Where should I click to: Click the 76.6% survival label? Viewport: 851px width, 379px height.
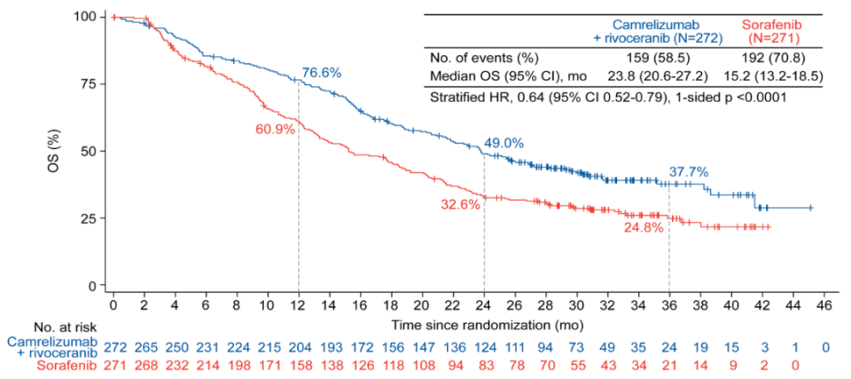(x=323, y=73)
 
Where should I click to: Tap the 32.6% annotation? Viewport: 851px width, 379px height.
(x=460, y=204)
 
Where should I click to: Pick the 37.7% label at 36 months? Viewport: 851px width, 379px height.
(x=689, y=173)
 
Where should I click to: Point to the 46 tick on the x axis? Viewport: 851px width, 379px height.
(x=824, y=305)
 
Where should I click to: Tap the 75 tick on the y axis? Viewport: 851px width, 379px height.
(x=89, y=83)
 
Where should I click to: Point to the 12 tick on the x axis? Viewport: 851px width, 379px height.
(x=299, y=305)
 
